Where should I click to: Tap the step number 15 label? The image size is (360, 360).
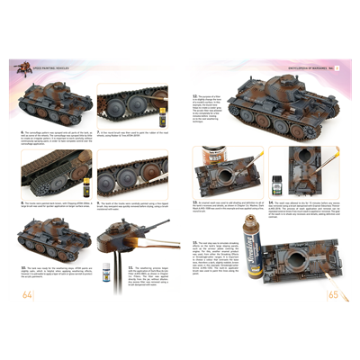pyautogui.click(x=194, y=240)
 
